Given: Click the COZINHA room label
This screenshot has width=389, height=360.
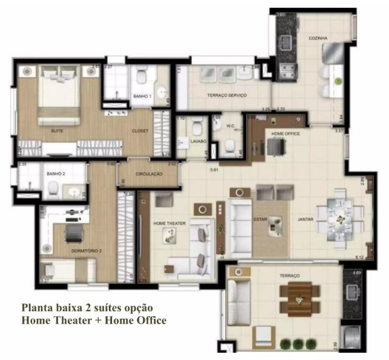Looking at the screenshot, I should (318, 38).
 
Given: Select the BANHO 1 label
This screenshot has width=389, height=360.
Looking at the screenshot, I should (142, 96).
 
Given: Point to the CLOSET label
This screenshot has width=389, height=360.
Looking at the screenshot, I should (139, 131).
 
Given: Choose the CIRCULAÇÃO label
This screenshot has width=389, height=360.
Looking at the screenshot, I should (149, 174).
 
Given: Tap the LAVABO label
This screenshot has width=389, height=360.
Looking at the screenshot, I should (198, 141).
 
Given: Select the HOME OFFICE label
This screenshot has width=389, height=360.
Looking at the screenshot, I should (285, 134).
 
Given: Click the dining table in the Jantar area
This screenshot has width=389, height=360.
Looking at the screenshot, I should (337, 215).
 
